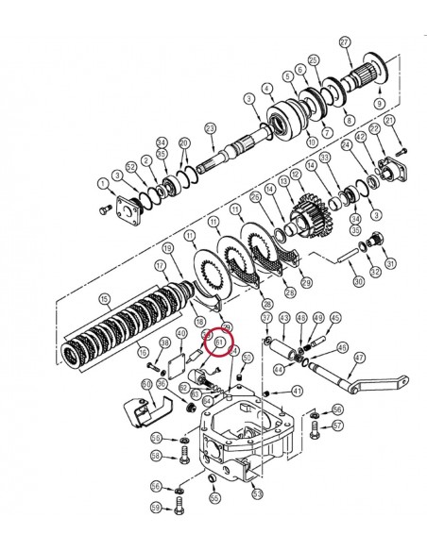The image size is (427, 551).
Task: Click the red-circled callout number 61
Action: pyautogui.click(x=218, y=344)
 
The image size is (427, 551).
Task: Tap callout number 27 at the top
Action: pyautogui.click(x=346, y=42)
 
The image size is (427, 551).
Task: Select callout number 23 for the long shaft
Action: pyautogui.click(x=211, y=127)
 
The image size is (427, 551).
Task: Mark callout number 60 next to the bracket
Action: pyautogui.click(x=146, y=385)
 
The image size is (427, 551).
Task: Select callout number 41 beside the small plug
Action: pyautogui.click(x=298, y=391)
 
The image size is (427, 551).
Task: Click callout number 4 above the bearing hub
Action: pyautogui.click(x=268, y=89)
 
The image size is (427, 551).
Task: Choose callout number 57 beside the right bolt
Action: pyautogui.click(x=338, y=426)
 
